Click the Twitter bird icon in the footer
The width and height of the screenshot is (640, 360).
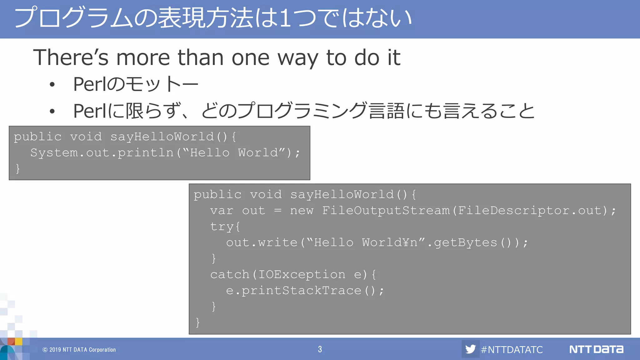[470, 349]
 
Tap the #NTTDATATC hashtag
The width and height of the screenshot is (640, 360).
[512, 349]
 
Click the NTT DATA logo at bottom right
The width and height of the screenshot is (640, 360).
[596, 349]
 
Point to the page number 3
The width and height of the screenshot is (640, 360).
[320, 349]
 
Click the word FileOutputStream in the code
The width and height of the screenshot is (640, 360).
[386, 211]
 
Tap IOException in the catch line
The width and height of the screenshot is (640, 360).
[302, 275]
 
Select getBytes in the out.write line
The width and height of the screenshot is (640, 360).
[465, 243]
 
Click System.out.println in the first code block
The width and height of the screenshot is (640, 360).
[102, 153]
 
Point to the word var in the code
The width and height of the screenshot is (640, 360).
[222, 211]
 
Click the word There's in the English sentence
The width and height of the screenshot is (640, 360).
[71, 57]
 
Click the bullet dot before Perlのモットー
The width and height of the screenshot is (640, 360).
[52, 84]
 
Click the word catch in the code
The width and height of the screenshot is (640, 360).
[230, 275]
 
